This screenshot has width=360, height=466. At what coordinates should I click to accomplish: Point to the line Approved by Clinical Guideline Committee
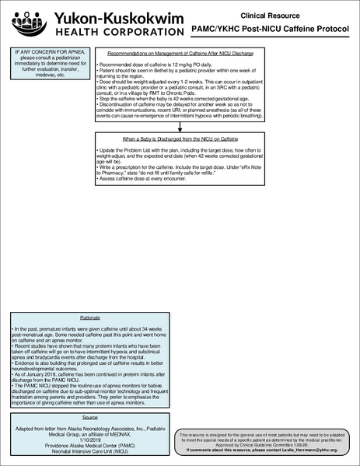267,445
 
